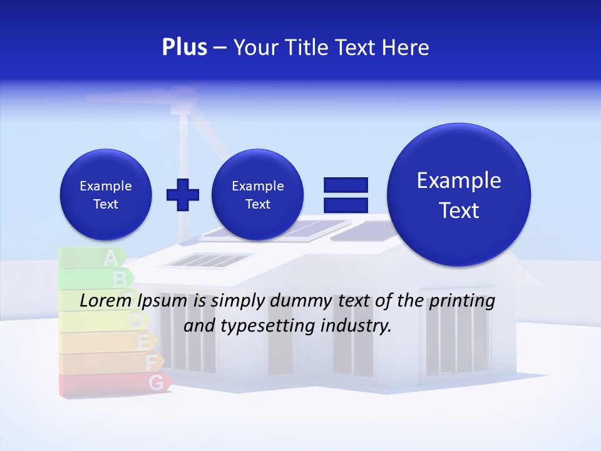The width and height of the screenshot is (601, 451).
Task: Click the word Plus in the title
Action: pos(184,48)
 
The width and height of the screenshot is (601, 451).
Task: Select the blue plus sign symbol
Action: pos(183,195)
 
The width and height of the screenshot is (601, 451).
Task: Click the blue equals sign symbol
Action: pos(345,194)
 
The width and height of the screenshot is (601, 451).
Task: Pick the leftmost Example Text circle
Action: pos(105,195)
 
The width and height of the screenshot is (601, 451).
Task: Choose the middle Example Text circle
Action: pos(257,195)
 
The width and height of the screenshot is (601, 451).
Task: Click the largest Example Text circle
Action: pos(459,195)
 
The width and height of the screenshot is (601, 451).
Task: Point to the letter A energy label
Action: pos(110,257)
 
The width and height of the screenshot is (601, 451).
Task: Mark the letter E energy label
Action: pos(143,342)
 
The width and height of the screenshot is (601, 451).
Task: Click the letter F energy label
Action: pos(151,362)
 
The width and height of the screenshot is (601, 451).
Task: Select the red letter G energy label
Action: pos(157,382)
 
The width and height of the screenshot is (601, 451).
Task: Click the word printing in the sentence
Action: pos(462,301)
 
